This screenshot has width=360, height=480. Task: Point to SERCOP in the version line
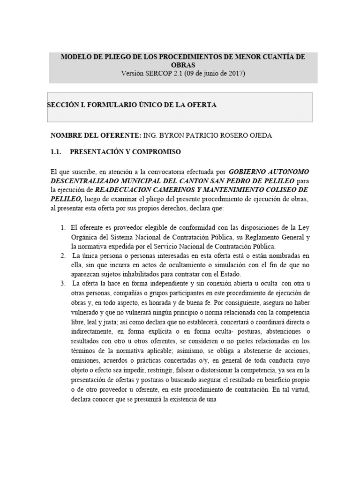(159, 74)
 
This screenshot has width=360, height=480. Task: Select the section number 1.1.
(56, 152)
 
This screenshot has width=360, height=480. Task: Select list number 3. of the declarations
(63, 284)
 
